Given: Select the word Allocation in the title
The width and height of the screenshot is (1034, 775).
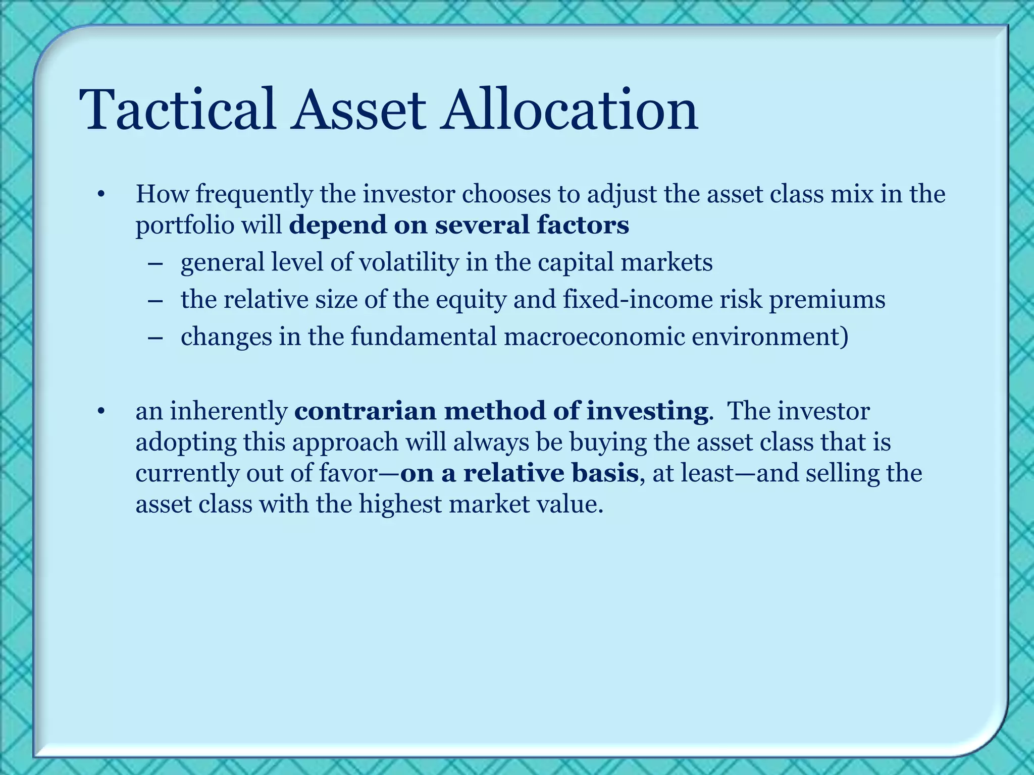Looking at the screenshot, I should (569, 109).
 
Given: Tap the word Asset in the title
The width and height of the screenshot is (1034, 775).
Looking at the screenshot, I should (357, 109).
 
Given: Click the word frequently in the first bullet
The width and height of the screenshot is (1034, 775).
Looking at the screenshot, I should (254, 195).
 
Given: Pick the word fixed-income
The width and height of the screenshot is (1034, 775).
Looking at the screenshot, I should (638, 300).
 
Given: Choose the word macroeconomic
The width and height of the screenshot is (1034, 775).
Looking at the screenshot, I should (594, 337).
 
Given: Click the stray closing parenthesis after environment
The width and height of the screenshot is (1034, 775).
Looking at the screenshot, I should (844, 337).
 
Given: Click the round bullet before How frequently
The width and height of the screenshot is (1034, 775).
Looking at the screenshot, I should (101, 195).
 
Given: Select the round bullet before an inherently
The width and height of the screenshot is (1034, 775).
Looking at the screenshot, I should (101, 412).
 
